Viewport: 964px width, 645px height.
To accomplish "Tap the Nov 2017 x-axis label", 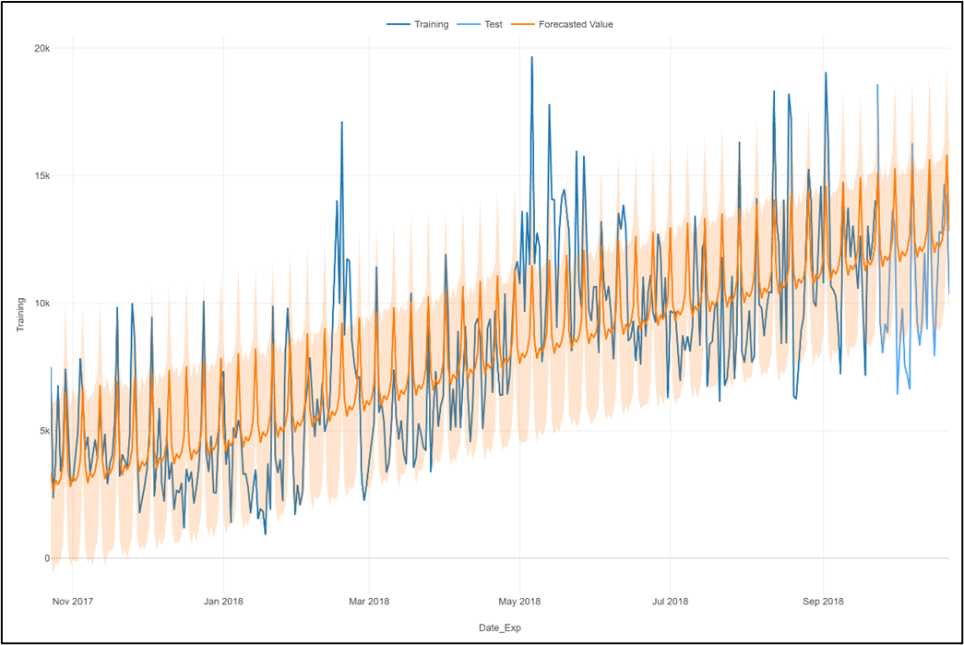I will tap(73, 602).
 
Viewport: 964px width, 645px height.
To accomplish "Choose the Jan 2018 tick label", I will tap(222, 602).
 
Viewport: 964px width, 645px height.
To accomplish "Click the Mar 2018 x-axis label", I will tap(368, 602).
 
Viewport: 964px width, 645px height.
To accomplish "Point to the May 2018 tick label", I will tap(519, 602).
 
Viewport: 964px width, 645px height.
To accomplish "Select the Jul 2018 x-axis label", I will tap(670, 602).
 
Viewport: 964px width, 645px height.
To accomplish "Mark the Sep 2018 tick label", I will tap(822, 602).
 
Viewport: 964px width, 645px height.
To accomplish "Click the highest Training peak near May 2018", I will tap(531, 57).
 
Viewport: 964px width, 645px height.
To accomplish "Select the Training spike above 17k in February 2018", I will tap(341, 122).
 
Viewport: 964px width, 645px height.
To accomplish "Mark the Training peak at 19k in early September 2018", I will tap(826, 73).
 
